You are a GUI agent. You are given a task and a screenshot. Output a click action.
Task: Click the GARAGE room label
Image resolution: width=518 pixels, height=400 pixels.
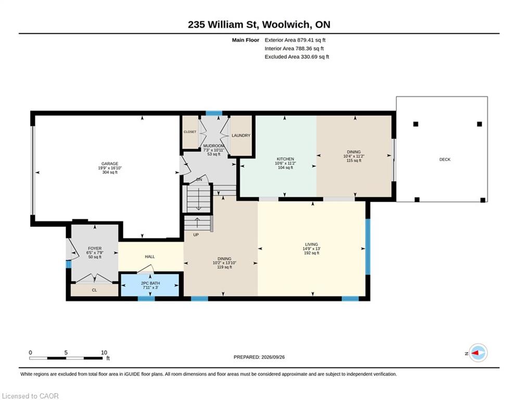pyautogui.click(x=110, y=164)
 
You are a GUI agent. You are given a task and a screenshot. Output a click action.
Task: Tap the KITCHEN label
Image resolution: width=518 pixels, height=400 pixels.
pyautogui.click(x=285, y=159)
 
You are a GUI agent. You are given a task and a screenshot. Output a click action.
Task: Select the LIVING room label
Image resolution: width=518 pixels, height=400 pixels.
pyautogui.click(x=311, y=244)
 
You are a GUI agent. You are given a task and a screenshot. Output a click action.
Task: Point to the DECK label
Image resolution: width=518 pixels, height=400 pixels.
pyautogui.click(x=445, y=159)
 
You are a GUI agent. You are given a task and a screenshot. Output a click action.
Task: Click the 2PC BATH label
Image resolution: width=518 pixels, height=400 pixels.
pyautogui.click(x=150, y=283)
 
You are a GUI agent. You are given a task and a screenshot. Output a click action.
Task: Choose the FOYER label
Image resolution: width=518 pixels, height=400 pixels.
pyautogui.click(x=95, y=248)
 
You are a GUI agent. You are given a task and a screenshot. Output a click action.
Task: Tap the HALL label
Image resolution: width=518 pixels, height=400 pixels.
pyautogui.click(x=149, y=257)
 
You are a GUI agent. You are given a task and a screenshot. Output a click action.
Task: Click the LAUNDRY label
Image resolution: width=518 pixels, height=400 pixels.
pyautogui.click(x=241, y=135)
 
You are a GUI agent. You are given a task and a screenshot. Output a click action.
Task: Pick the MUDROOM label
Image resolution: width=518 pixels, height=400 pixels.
pyautogui.click(x=214, y=146)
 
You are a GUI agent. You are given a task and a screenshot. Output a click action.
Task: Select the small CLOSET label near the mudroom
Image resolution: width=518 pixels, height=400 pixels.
pyautogui.click(x=190, y=132)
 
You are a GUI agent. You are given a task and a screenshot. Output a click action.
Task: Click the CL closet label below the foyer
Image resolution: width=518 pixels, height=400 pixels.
pyautogui.click(x=94, y=290)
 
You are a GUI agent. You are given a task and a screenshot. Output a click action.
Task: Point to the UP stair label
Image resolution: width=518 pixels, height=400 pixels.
pyautogui.click(x=196, y=235)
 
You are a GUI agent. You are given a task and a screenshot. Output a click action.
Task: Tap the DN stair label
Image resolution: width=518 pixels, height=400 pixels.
pyautogui.click(x=199, y=180)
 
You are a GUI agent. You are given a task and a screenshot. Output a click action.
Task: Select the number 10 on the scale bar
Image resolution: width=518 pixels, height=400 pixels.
pyautogui.click(x=104, y=353)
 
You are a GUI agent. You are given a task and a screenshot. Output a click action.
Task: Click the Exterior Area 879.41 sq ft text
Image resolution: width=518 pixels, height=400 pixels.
pyautogui.click(x=295, y=40)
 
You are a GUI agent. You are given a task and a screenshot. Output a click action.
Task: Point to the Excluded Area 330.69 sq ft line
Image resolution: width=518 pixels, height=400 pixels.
pyautogui.click(x=297, y=57)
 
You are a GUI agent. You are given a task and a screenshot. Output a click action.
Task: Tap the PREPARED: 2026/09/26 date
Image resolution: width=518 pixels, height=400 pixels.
pyautogui.click(x=259, y=357)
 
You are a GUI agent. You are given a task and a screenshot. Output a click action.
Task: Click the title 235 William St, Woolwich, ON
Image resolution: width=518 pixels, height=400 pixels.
pyautogui.click(x=259, y=24)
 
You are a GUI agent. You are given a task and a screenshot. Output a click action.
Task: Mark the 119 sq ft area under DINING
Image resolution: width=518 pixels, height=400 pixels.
pyautogui.click(x=224, y=267)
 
